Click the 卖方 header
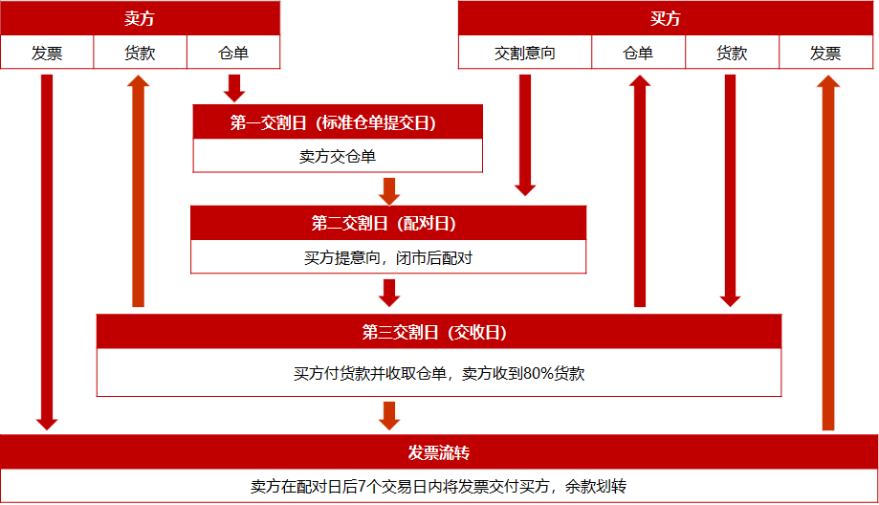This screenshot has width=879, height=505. (x=140, y=19)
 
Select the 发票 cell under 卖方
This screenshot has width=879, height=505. (x=47, y=54)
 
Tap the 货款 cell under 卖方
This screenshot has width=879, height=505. (x=140, y=54)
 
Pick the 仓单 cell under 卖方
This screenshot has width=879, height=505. (x=233, y=54)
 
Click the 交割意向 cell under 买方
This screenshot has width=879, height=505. (x=525, y=54)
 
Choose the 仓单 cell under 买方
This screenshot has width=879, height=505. (x=638, y=54)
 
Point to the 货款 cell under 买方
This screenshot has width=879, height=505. (x=732, y=54)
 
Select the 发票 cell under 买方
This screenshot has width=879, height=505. (x=825, y=54)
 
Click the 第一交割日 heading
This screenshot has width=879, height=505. (x=338, y=122)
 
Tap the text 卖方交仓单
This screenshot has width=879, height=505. (x=338, y=156)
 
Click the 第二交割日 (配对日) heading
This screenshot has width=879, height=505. (x=387, y=224)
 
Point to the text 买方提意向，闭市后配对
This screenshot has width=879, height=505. (x=387, y=257)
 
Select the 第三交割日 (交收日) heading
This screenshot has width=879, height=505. (x=438, y=332)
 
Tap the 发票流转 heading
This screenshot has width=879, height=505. (x=439, y=451)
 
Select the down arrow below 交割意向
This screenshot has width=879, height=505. (x=525, y=134)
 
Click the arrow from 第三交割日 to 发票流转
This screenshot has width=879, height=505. (x=388, y=416)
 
